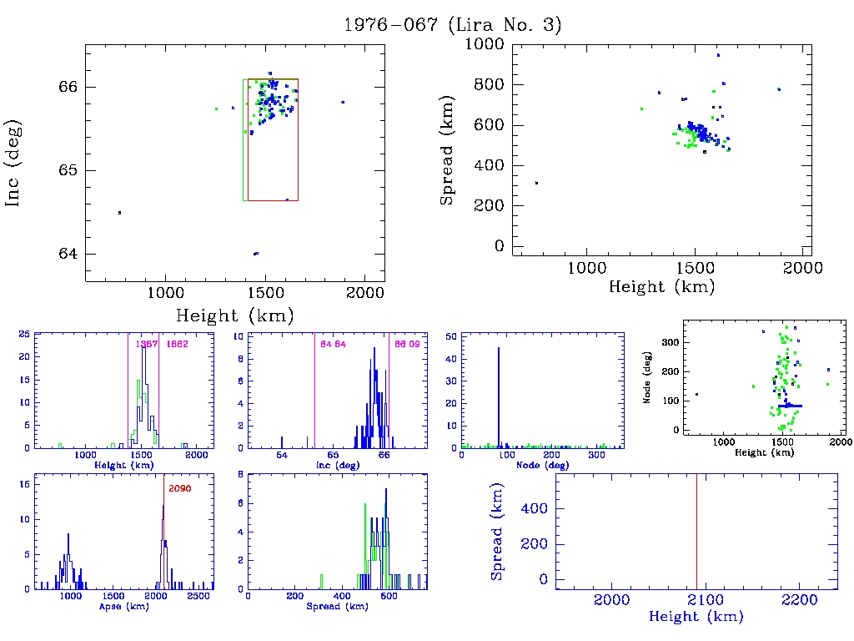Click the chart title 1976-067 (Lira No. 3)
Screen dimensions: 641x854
tap(453, 25)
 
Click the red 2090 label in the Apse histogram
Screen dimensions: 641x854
tap(180, 488)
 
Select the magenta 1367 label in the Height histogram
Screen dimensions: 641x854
tap(147, 344)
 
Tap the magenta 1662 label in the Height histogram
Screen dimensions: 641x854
tap(177, 344)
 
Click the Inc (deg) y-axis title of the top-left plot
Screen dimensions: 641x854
tap(14, 163)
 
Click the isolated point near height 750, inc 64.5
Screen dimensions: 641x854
tap(119, 213)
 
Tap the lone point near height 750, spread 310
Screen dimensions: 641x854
tap(536, 183)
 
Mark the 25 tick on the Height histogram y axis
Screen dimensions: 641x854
tap(26, 335)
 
